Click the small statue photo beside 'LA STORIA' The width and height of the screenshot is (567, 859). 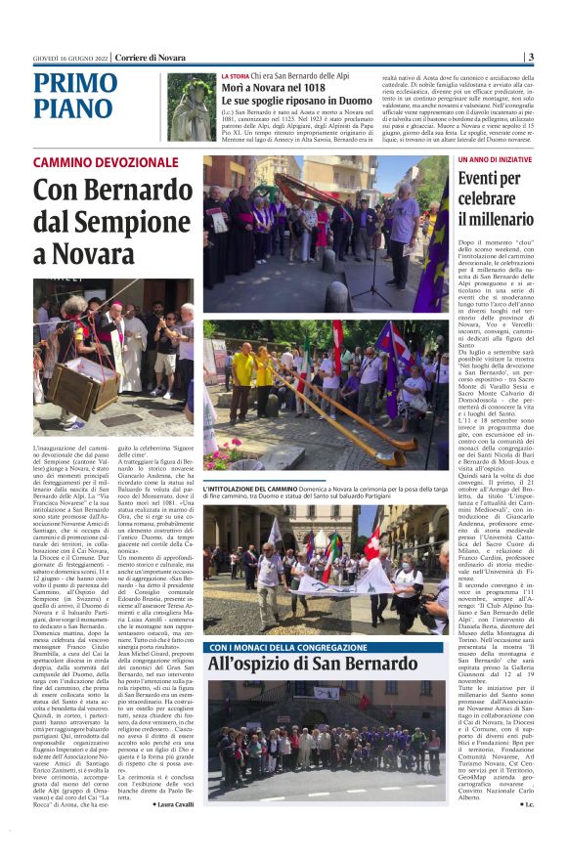coord(190,108)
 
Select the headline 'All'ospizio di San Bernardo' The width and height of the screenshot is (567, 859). coord(298,665)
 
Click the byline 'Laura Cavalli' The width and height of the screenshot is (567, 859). coord(173,803)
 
